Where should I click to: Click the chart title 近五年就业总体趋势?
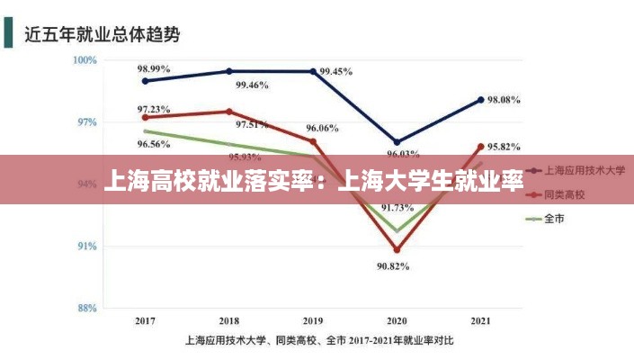tap(102, 35)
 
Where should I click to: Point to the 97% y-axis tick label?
tap(86, 122)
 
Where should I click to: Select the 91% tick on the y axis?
tap(86, 246)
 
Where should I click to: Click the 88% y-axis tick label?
tap(86, 308)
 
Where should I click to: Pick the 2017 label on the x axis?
tap(145, 320)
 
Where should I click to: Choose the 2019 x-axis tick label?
tap(313, 320)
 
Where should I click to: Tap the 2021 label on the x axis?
tap(480, 320)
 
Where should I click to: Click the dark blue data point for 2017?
tap(146, 81)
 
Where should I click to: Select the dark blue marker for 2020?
tap(397, 142)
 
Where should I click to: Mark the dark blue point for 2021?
tap(480, 100)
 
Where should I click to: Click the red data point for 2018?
tap(229, 112)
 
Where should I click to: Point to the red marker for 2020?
tap(397, 250)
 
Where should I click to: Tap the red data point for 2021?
tap(480, 147)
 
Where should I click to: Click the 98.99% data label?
tap(154, 68)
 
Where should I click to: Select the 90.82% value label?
tap(394, 265)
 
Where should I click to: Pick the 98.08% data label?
tap(504, 101)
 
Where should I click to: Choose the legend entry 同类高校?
tap(565, 193)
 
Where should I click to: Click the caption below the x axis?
tap(319, 341)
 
